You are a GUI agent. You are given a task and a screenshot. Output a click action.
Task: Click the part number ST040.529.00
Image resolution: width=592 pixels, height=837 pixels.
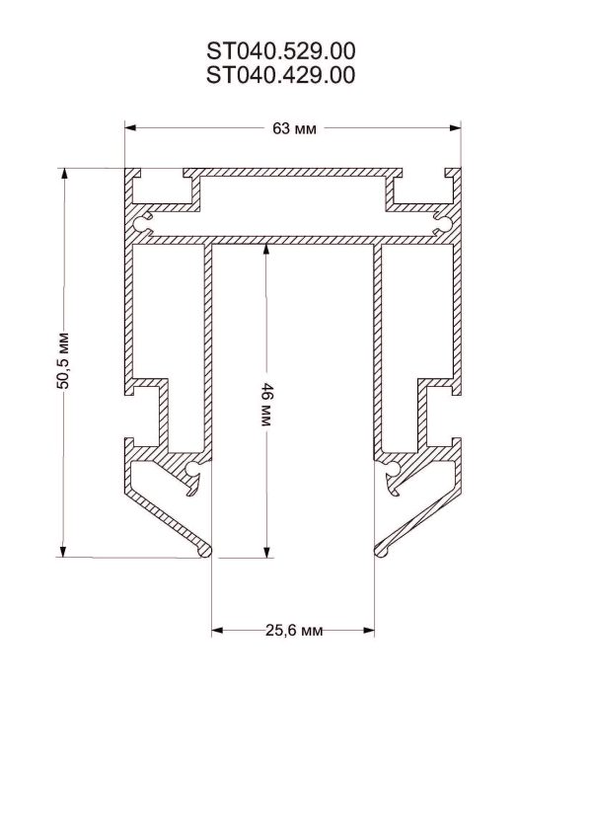click(281, 51)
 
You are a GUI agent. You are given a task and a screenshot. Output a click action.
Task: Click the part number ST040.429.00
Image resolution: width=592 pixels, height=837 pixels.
click(281, 75)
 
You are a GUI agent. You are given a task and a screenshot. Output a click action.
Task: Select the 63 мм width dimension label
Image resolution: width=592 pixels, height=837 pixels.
click(294, 128)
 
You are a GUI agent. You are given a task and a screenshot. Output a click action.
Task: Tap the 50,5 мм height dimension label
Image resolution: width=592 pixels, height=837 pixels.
click(63, 360)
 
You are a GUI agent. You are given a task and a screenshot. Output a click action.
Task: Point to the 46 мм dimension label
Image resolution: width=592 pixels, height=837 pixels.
click(266, 404)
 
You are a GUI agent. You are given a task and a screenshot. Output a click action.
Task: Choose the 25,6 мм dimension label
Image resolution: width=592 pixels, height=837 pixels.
click(294, 631)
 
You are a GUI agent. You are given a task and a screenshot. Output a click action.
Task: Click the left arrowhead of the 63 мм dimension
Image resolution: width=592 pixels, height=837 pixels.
click(131, 128)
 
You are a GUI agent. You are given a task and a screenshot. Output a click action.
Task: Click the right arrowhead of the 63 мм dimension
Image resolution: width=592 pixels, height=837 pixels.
click(455, 128)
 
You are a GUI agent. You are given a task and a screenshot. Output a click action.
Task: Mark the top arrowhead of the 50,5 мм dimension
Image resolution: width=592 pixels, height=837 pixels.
click(63, 175)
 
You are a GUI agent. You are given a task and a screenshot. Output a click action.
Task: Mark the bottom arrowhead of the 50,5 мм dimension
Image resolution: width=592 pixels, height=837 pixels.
click(63, 551)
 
